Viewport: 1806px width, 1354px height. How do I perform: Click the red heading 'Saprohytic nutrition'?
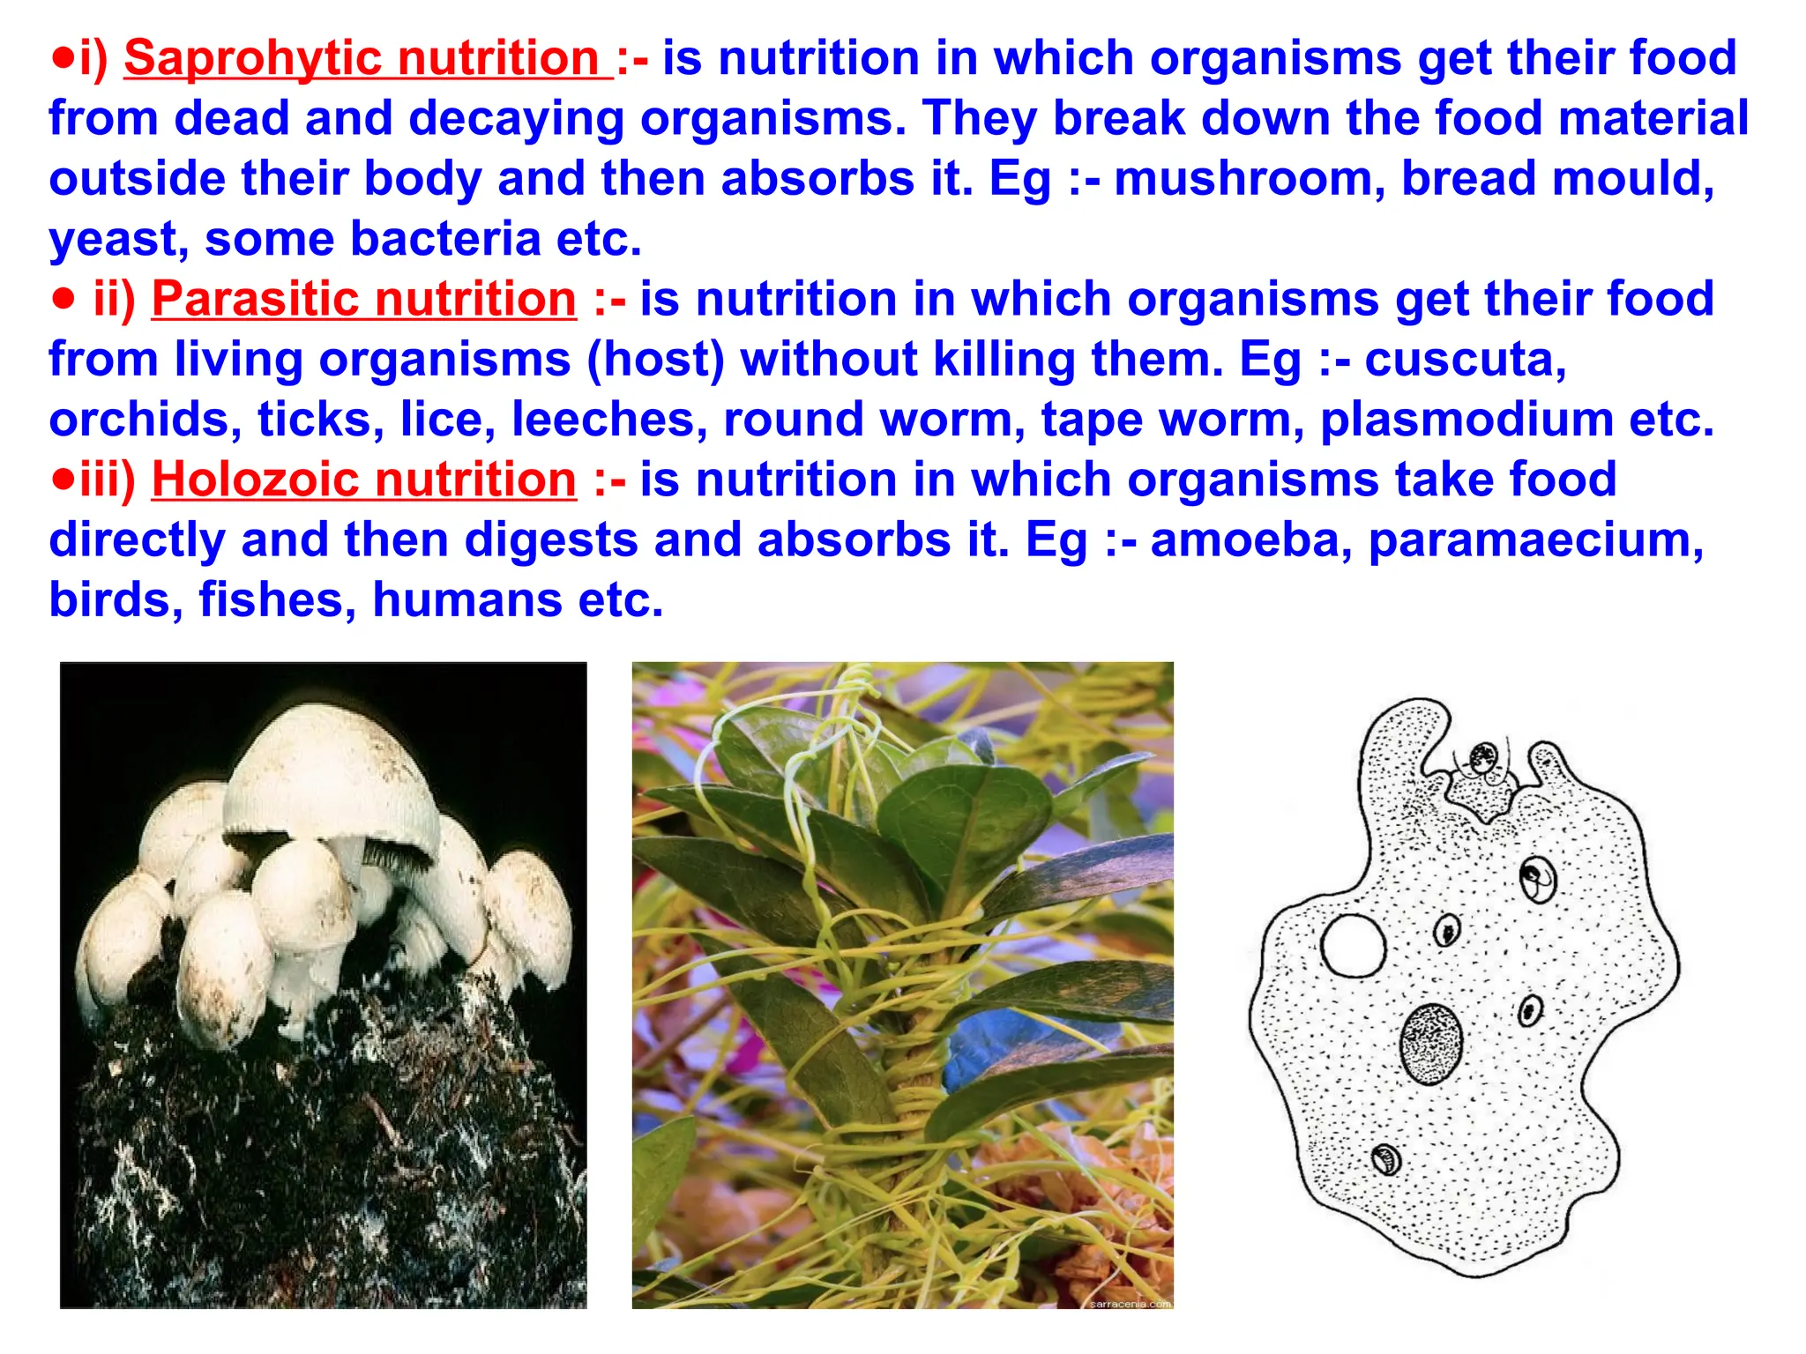point(368,58)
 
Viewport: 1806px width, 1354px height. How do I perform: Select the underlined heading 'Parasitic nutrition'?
point(363,299)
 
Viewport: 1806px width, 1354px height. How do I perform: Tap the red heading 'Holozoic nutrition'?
point(363,480)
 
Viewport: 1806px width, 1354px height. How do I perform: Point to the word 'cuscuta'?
point(1465,360)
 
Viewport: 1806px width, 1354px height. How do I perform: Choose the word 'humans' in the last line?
point(467,600)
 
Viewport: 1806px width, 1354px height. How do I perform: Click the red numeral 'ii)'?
point(115,299)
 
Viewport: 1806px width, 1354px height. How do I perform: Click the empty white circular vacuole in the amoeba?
point(1353,945)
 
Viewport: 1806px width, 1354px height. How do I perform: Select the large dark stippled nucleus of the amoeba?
point(1430,1044)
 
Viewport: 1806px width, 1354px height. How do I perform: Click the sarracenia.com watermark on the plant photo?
point(1130,1303)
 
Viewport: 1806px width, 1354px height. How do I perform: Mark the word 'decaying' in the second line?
point(516,119)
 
